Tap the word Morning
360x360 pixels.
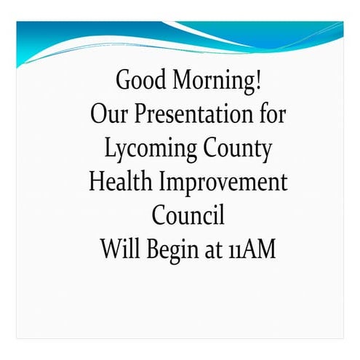pyautogui.click(x=211, y=81)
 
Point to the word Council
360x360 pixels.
pyautogui.click(x=188, y=216)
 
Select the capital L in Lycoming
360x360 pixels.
pyautogui.click(x=110, y=148)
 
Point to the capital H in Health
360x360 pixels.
pyautogui.click(x=98, y=182)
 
